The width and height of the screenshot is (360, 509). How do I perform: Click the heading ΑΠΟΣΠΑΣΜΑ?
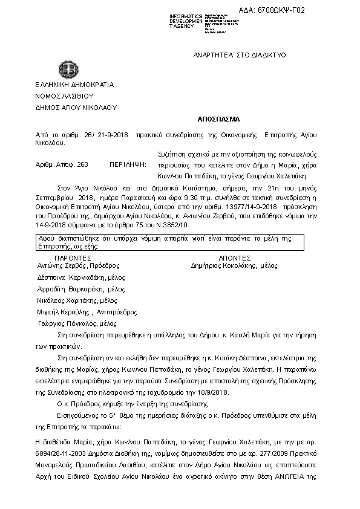coord(218,119)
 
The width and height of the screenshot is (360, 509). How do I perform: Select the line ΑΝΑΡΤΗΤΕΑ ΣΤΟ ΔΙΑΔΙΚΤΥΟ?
coord(240,55)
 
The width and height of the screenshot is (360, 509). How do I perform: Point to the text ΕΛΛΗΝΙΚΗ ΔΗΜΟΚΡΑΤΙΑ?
coord(74,85)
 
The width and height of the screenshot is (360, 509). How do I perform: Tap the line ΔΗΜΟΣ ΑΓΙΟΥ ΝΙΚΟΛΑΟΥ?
coord(76,107)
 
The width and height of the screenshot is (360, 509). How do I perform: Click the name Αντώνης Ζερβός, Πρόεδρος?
coord(78,265)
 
